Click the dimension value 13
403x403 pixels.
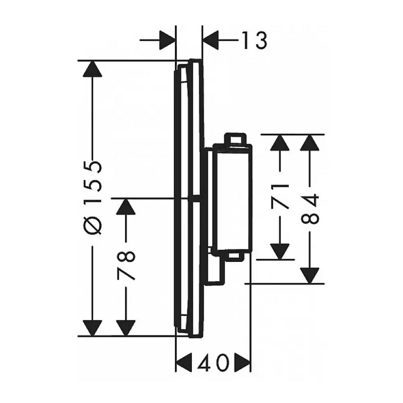[254, 41]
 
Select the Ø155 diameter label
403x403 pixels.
[93, 198]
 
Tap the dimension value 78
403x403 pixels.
[125, 266]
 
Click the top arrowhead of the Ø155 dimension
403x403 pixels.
[93, 69]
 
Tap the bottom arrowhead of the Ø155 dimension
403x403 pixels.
[93, 328]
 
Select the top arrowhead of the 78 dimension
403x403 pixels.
[125, 207]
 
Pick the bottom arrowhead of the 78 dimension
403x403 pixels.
[125, 328]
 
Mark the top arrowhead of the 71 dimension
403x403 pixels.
[280, 143]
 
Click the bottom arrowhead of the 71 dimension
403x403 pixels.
[280, 251]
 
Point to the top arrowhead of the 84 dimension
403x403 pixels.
[310, 143]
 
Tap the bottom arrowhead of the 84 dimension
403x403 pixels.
[310, 276]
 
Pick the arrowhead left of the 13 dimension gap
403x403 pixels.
[167, 40]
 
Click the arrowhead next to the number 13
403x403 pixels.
[211, 40]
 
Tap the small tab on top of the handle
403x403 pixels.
[235, 139]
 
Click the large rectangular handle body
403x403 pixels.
[232, 197]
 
